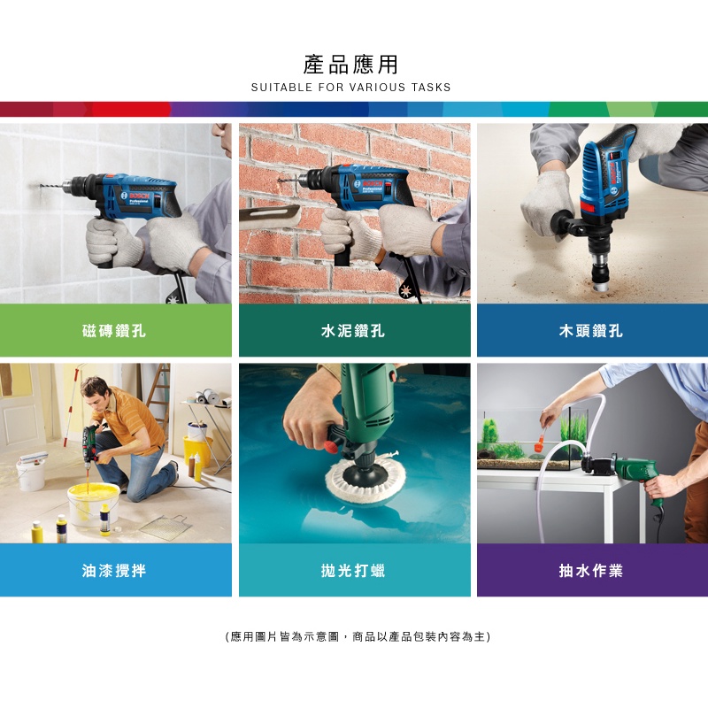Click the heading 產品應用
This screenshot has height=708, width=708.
point(350,65)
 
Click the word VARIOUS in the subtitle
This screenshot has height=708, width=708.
point(378,87)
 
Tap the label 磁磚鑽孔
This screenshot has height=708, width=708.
point(114,330)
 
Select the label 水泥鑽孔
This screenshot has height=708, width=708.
point(352,330)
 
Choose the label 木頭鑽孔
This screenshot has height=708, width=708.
point(590,330)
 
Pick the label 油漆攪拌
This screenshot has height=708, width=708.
point(114,570)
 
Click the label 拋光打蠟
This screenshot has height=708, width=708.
point(352,570)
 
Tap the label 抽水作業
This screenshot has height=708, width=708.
point(590,570)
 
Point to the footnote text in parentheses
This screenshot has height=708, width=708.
point(358,636)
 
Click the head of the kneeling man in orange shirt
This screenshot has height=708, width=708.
point(96,391)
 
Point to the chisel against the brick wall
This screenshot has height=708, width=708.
point(270,217)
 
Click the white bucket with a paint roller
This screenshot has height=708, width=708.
point(31,472)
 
